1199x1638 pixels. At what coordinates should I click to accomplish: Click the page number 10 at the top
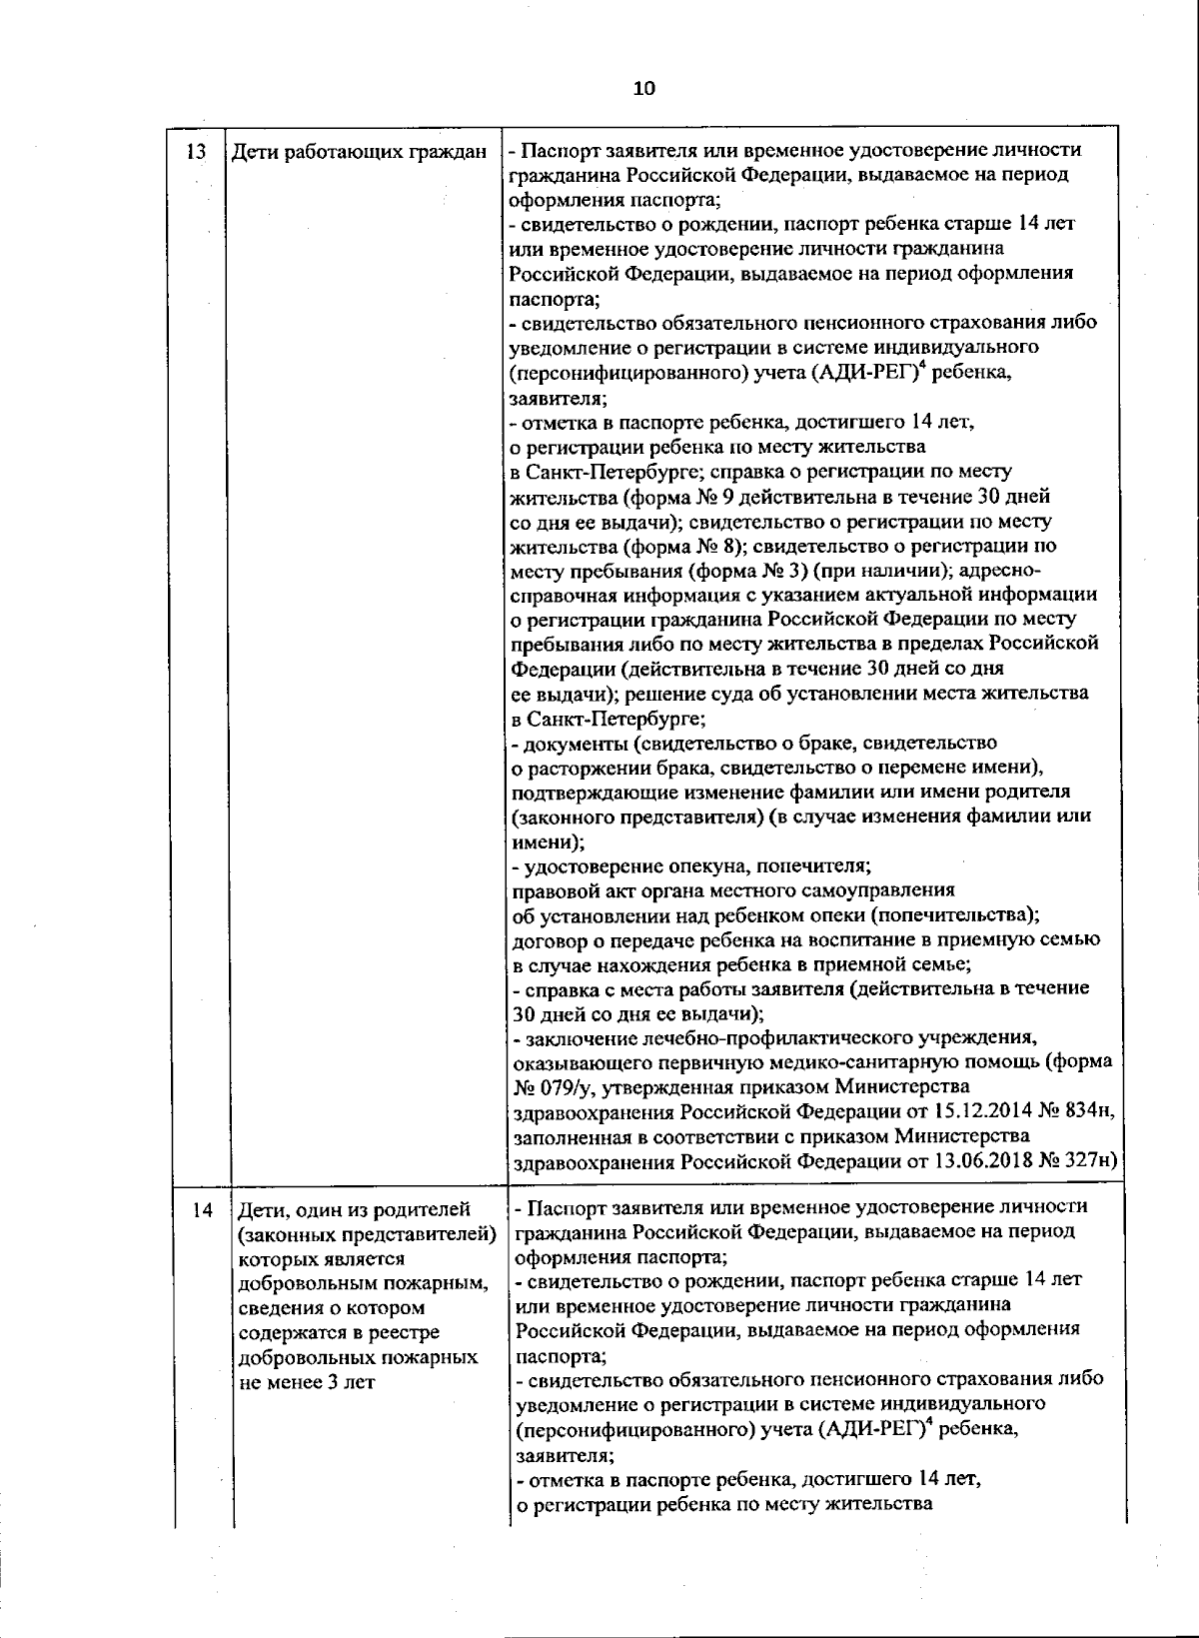pos(643,88)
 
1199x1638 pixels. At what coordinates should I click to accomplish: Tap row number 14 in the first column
pos(203,1210)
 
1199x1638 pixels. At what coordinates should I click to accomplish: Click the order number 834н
pos(1088,1111)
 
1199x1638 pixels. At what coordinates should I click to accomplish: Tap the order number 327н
pos(1088,1160)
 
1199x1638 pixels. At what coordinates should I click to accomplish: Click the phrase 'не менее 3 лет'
pos(307,1382)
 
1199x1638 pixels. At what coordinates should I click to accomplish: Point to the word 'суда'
pos(709,693)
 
